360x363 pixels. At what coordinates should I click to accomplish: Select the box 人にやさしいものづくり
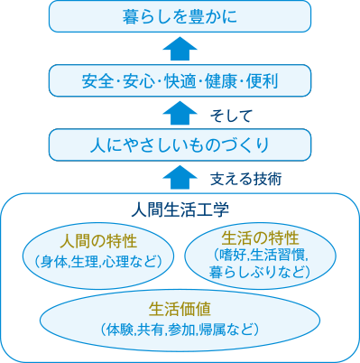coord(179,144)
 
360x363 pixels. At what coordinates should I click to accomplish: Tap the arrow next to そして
coord(180,112)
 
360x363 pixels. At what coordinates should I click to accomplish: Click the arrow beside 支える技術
coord(180,176)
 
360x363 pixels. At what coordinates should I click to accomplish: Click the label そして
coord(231,116)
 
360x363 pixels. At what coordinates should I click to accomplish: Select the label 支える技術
coord(245,179)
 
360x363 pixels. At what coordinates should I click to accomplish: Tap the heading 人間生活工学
coord(179,209)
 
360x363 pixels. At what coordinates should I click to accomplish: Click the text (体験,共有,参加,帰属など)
coord(180,329)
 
